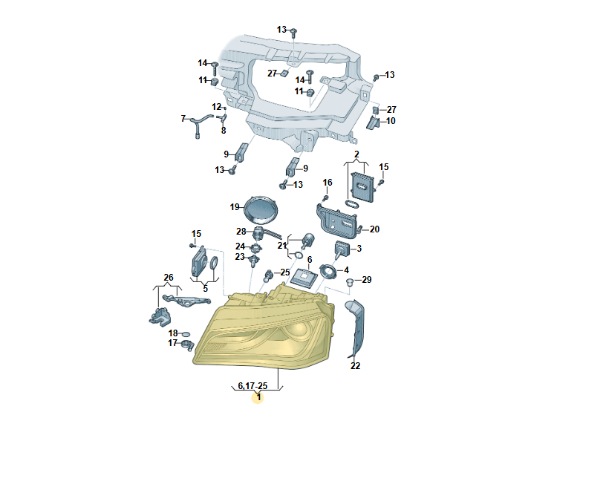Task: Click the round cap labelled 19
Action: click(261, 209)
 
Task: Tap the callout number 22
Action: click(355, 365)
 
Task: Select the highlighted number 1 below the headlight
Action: click(258, 397)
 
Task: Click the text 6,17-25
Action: click(252, 385)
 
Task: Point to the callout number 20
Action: click(374, 229)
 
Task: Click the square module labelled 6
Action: click(304, 277)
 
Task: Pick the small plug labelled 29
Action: click(350, 281)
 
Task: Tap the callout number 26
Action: click(169, 278)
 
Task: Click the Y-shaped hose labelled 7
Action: click(201, 124)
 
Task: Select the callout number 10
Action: click(391, 121)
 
